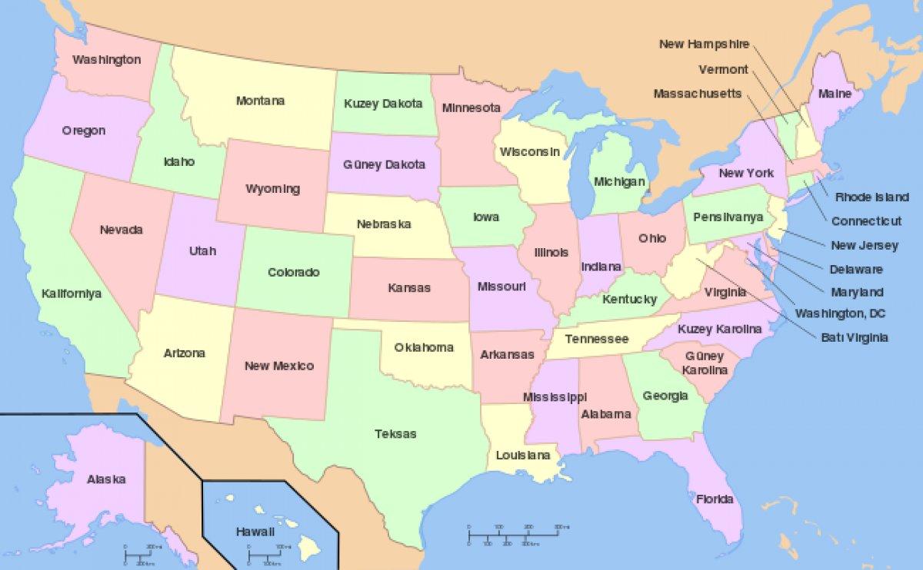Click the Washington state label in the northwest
(x=107, y=59)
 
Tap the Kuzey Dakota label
(x=383, y=103)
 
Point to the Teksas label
(x=395, y=434)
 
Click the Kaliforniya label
(x=72, y=293)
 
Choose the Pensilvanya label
(x=728, y=217)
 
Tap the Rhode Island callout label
(x=871, y=197)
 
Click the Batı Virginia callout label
(x=855, y=337)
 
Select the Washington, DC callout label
(x=840, y=313)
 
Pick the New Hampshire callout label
(x=704, y=44)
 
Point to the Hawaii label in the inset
(x=255, y=532)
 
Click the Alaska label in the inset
(x=106, y=479)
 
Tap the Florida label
(x=715, y=499)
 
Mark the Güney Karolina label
(x=705, y=363)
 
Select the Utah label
(x=202, y=250)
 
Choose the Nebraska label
(x=384, y=224)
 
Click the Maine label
(x=835, y=94)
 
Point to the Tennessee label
(x=597, y=339)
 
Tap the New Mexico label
(x=279, y=366)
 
